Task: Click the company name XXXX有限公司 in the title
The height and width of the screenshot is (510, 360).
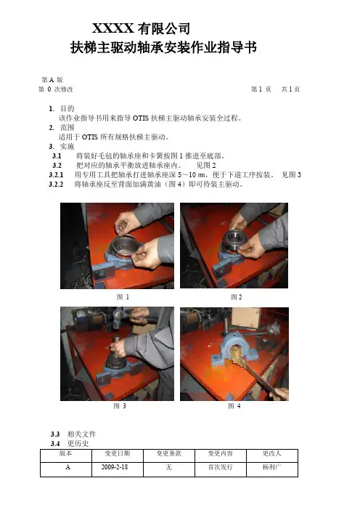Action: coord(141,28)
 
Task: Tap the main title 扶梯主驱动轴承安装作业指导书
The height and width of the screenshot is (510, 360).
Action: coord(163,47)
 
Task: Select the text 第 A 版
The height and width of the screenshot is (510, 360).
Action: coord(52,80)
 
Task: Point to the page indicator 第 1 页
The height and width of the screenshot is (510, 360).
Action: coord(261,89)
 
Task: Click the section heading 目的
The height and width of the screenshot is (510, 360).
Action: coord(67,109)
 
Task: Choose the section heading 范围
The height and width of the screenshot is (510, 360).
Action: coord(67,128)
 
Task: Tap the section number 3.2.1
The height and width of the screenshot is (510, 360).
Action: coord(56,175)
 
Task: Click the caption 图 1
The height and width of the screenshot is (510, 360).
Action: coord(123,297)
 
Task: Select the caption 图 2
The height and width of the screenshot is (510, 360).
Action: coord(236,297)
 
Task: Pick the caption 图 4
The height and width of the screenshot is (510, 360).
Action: coord(234,406)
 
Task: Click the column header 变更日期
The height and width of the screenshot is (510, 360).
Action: coord(118,453)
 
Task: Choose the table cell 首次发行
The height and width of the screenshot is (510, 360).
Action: coord(221,467)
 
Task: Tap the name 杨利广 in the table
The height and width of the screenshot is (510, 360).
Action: coord(272,467)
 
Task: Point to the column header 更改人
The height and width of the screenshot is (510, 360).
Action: coord(272,453)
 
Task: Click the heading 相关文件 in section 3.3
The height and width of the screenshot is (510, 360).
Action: coord(81,434)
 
